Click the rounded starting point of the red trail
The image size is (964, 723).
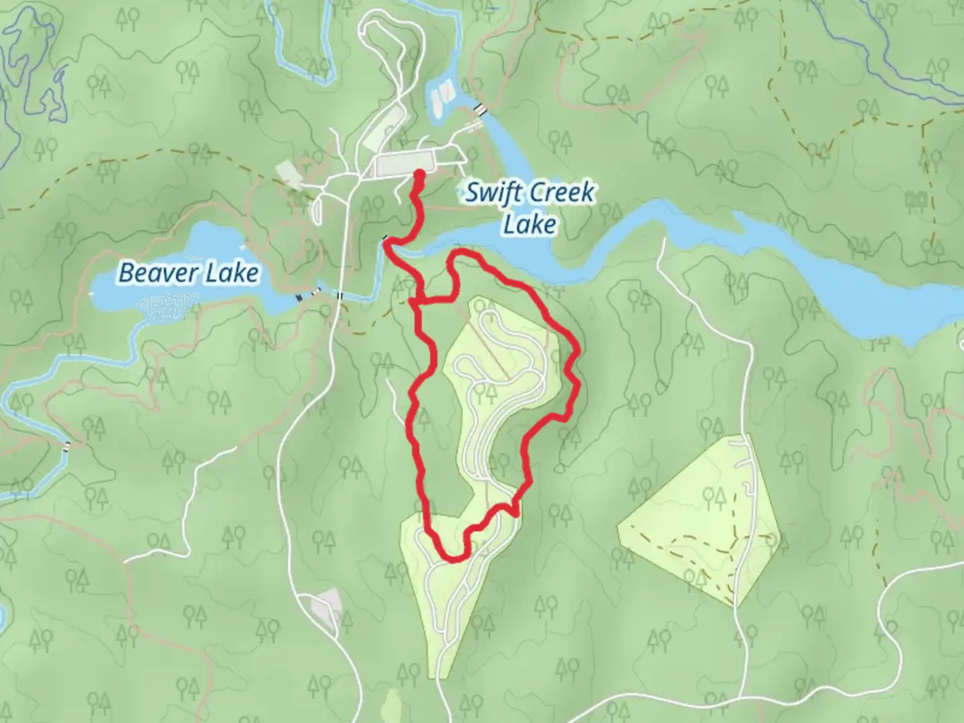420,174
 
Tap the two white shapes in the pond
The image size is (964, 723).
443,96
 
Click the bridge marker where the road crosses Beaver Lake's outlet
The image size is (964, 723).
340,295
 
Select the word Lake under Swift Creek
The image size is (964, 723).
529,224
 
